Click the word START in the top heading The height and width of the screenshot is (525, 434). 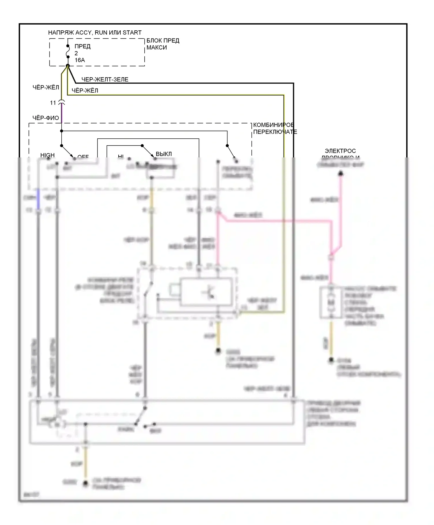[x=132, y=32]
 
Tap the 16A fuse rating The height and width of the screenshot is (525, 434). [x=80, y=60]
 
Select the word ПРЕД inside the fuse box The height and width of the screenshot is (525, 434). [x=82, y=46]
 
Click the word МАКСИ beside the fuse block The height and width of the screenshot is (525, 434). [x=157, y=47]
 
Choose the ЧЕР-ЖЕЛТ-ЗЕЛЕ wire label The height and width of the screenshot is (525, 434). [x=105, y=79]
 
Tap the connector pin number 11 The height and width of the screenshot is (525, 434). [x=53, y=103]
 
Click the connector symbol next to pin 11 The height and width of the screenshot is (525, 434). [x=62, y=102]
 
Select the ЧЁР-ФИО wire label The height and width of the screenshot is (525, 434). [x=46, y=118]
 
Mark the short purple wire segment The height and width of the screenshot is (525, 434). [x=62, y=113]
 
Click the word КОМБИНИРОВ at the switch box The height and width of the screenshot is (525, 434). [x=273, y=125]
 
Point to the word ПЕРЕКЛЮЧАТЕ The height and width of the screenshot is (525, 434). [x=275, y=132]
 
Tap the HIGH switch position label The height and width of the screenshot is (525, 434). [x=47, y=155]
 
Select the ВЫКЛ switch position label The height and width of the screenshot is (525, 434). [x=164, y=154]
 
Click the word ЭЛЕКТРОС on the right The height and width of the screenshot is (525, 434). [x=340, y=151]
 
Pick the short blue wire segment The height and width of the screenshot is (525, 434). [x=38, y=198]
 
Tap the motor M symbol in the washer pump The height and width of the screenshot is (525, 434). [x=331, y=302]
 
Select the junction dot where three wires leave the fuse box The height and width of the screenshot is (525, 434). [x=68, y=66]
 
